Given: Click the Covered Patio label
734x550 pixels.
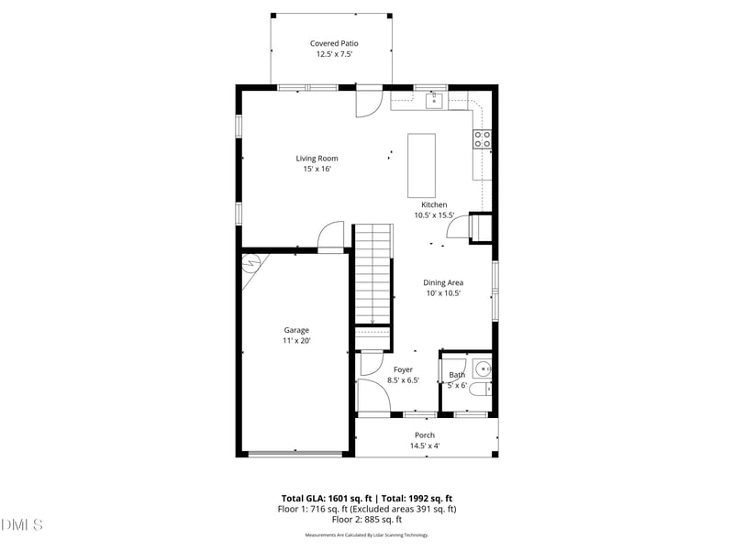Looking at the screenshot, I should (x=333, y=43).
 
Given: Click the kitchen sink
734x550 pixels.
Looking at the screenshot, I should (x=435, y=100).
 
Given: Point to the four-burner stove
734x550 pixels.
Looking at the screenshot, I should (x=482, y=139).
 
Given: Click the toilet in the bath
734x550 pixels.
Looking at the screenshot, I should (x=486, y=389).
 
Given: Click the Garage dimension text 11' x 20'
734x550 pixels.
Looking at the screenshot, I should (x=296, y=341).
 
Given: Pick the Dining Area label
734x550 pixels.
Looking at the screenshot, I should (x=442, y=282).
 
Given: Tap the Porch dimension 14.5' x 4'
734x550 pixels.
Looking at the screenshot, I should (x=425, y=446).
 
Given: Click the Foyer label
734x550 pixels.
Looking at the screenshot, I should (x=403, y=369).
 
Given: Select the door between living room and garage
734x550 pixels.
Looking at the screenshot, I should (x=330, y=236).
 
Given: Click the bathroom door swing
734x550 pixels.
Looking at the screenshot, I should (x=453, y=364).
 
